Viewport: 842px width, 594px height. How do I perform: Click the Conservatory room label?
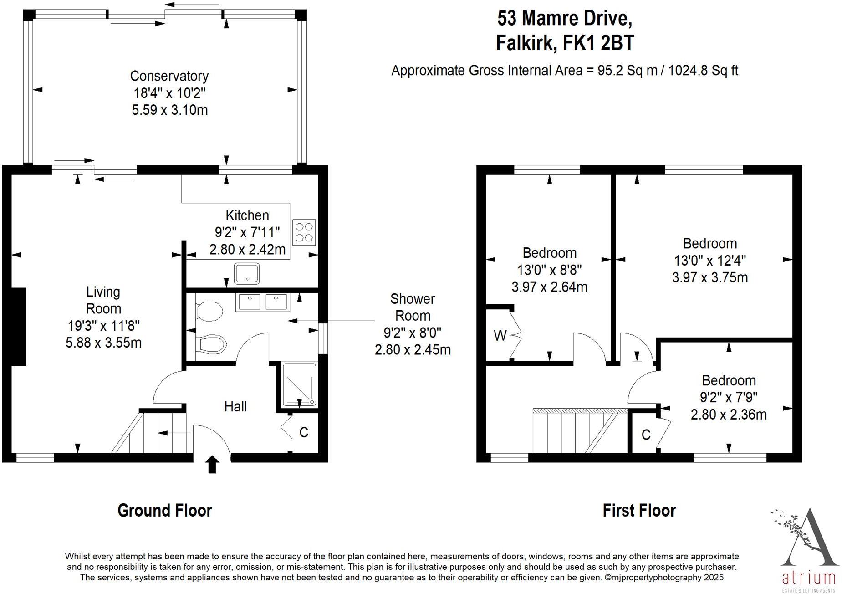[x=169, y=76]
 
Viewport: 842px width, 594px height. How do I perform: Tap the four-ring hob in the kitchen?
[x=304, y=232]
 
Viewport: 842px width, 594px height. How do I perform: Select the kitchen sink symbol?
[x=247, y=274]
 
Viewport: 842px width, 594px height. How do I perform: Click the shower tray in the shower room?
[x=299, y=384]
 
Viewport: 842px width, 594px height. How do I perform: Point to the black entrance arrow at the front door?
[x=212, y=465]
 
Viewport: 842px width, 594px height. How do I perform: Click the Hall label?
[x=235, y=406]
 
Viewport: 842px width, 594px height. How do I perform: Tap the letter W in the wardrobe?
[x=500, y=336]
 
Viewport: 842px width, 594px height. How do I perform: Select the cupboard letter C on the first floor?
[x=646, y=435]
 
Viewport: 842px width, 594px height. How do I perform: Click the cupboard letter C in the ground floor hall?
[x=304, y=432]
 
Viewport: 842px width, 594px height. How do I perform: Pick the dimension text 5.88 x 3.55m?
[x=103, y=343]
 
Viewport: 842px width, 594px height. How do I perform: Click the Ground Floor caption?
[x=164, y=510]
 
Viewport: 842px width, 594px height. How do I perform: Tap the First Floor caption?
[x=639, y=510]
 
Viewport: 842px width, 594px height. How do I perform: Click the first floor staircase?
[x=578, y=430]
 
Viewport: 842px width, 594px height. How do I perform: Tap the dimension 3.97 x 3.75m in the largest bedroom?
[x=709, y=277]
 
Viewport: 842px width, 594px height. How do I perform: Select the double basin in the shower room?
[x=263, y=302]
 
